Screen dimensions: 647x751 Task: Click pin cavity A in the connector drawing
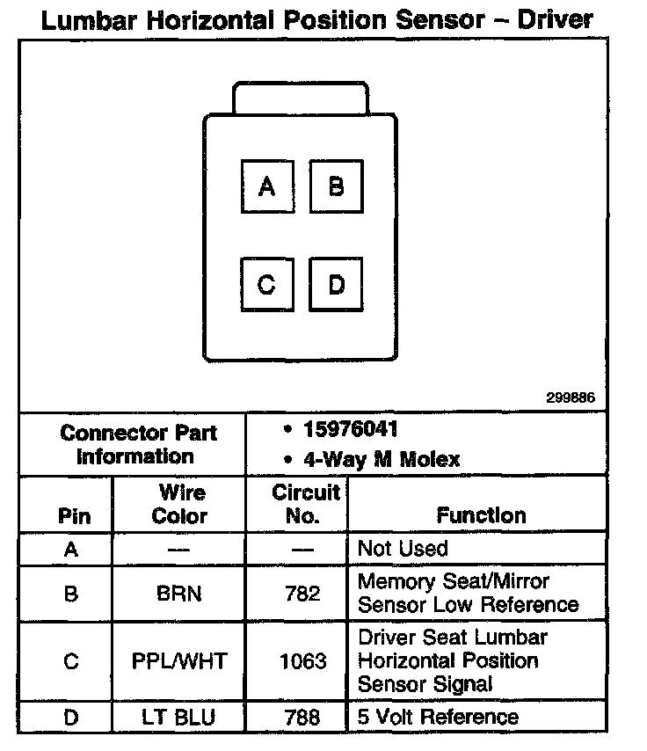[x=266, y=186]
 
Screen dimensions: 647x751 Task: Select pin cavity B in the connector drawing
[x=336, y=186]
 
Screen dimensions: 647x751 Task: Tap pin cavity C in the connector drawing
[x=266, y=285]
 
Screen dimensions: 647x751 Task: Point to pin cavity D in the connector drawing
[x=336, y=285]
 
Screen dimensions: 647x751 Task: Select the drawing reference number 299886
[x=571, y=397]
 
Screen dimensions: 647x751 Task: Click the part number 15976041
[x=350, y=430]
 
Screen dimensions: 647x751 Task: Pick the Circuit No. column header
[x=302, y=503]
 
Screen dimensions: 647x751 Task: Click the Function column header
[x=481, y=514]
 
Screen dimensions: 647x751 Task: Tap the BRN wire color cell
[x=179, y=594]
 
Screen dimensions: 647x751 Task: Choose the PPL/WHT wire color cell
[x=179, y=660]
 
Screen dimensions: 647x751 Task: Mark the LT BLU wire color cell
[x=179, y=718]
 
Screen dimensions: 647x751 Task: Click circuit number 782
[x=302, y=594]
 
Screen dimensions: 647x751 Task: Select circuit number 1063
[x=302, y=660]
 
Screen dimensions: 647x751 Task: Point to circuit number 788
[x=302, y=718]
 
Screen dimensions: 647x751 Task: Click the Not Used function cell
[x=403, y=549]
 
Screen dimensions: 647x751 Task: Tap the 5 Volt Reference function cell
[x=438, y=717]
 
